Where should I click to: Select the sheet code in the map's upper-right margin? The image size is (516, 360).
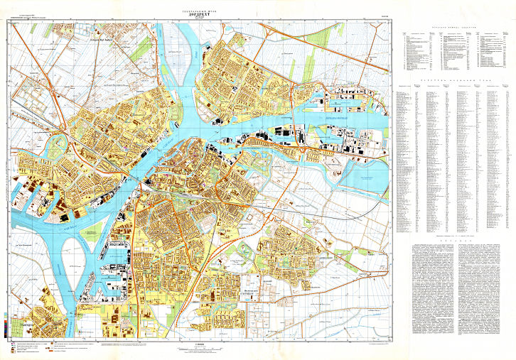tap(385, 21)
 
